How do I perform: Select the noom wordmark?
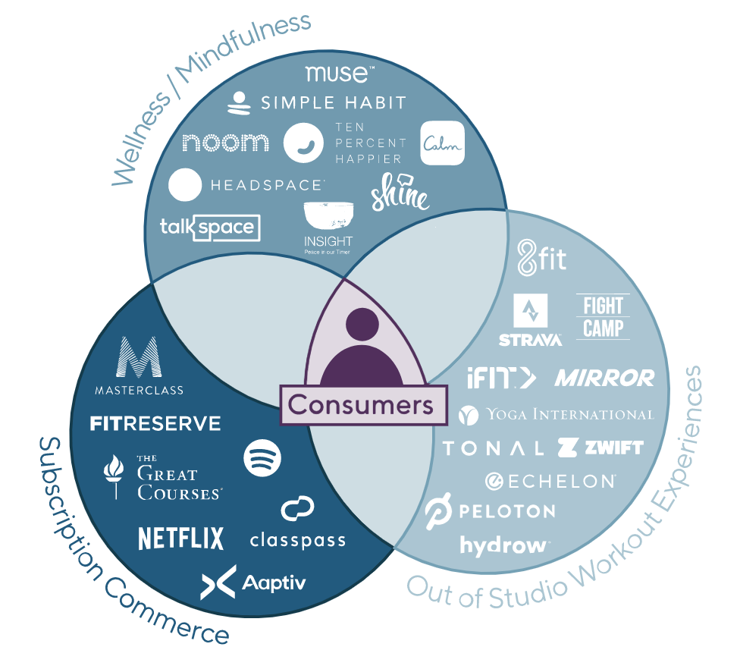pos(226,142)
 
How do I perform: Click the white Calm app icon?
pos(442,143)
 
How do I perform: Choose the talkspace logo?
pos(210,228)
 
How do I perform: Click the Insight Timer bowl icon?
pos(328,215)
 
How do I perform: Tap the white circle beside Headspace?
pos(184,185)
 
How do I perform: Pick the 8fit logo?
pos(541,258)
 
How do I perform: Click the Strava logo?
pos(531,319)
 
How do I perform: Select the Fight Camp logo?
pos(603,316)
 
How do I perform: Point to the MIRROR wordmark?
pos(604,378)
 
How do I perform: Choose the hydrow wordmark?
pos(504,545)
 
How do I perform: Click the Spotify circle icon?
pos(262,457)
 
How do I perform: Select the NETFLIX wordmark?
pos(181,538)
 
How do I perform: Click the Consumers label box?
pos(360,404)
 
